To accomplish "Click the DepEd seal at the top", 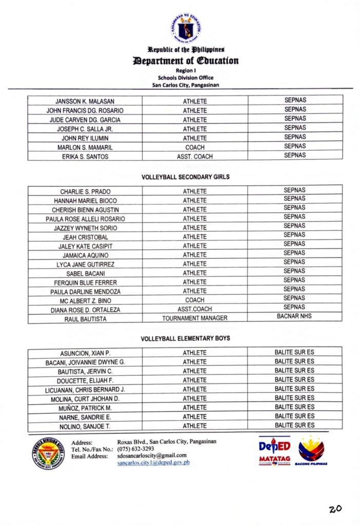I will pyautogui.click(x=185, y=28).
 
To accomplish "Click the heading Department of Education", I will pyautogui.click(x=186, y=60).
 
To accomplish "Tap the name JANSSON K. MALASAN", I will pyautogui.click(x=85, y=102).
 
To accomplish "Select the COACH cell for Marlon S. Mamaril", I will pyautogui.click(x=195, y=147).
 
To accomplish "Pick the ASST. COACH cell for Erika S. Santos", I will pyautogui.click(x=195, y=156).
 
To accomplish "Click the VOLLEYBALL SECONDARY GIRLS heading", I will pyautogui.click(x=185, y=177).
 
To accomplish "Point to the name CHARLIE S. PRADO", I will pyautogui.click(x=85, y=192).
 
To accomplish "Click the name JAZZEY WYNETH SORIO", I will pyautogui.click(x=85, y=228).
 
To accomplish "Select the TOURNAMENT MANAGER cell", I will pyautogui.click(x=195, y=318).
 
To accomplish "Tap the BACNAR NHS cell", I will pyautogui.click(x=294, y=316).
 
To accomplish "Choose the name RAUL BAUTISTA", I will pyautogui.click(x=85, y=319).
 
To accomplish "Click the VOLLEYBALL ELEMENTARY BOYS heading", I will pyautogui.click(x=185, y=338).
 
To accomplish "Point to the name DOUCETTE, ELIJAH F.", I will pyautogui.click(x=85, y=380).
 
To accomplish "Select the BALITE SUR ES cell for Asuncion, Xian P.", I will pyautogui.click(x=294, y=352).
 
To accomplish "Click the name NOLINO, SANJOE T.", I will pyautogui.click(x=85, y=426).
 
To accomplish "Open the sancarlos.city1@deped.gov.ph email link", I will pyautogui.click(x=153, y=462).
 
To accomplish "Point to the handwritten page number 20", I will pyautogui.click(x=335, y=509).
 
